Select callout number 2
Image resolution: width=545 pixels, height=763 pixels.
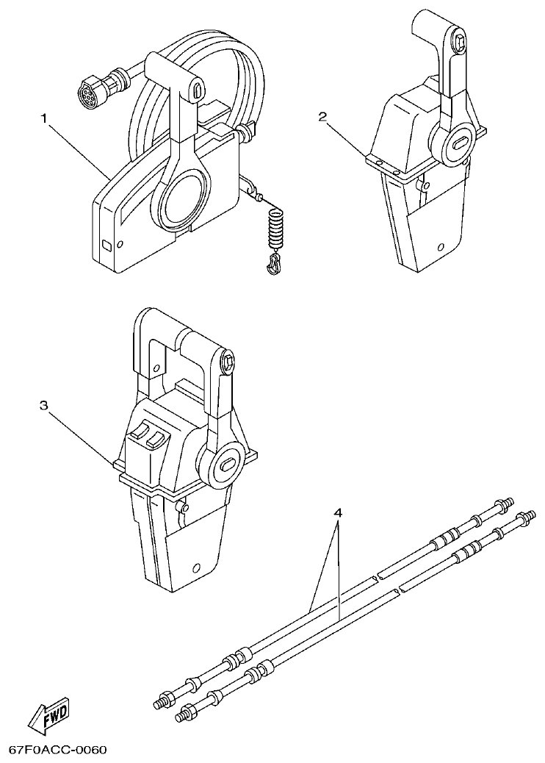click(324, 115)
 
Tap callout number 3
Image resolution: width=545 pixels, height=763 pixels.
click(45, 405)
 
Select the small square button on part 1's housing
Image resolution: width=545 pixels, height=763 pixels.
click(107, 244)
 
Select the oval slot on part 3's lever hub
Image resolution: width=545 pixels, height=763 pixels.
click(228, 464)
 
